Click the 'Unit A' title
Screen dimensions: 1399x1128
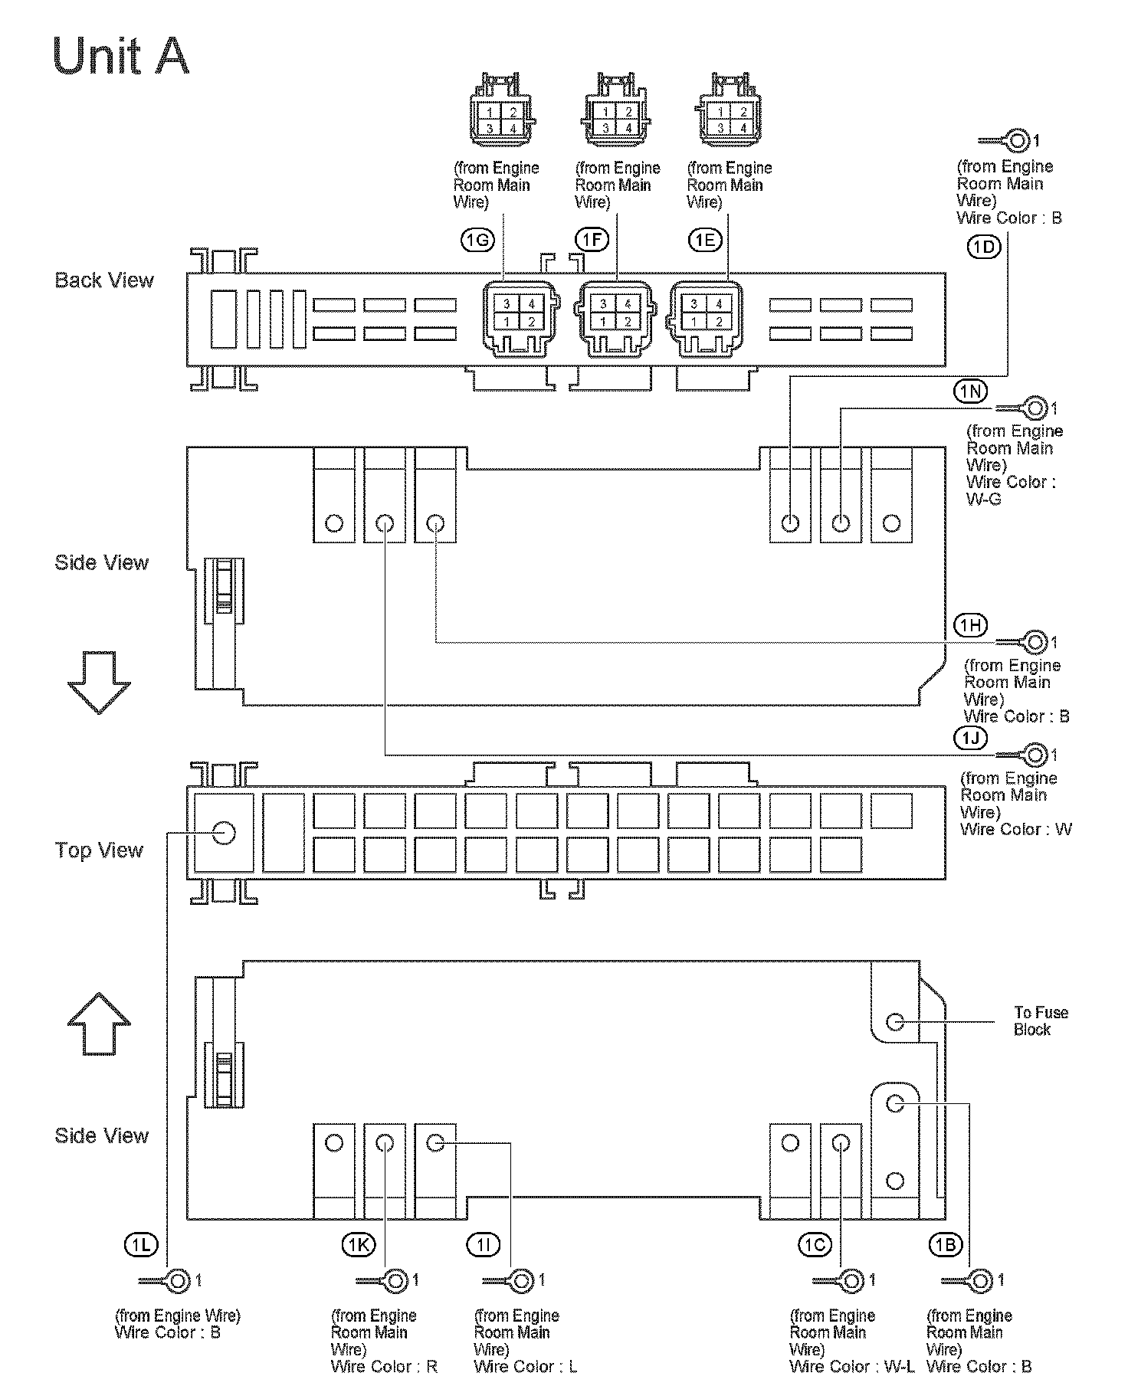pyautogui.click(x=121, y=56)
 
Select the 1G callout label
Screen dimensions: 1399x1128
pyautogui.click(x=477, y=241)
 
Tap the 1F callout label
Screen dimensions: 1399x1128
pyautogui.click(x=592, y=241)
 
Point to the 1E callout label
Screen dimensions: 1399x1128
pyautogui.click(x=704, y=241)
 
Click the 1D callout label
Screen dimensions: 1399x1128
pyautogui.click(x=984, y=247)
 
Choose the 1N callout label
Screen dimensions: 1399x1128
pyautogui.click(x=970, y=392)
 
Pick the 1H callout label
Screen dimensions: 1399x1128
pyautogui.click(x=970, y=626)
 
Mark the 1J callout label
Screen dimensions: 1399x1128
pyautogui.click(x=970, y=738)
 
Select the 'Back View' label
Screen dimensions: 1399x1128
pyautogui.click(x=104, y=280)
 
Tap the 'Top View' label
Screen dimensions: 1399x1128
pyautogui.click(x=99, y=850)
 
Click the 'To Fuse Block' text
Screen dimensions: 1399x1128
pyautogui.click(x=1040, y=1021)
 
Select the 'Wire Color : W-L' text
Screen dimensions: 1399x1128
pyautogui.click(x=851, y=1366)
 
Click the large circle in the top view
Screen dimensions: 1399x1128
pyautogui.click(x=223, y=833)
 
